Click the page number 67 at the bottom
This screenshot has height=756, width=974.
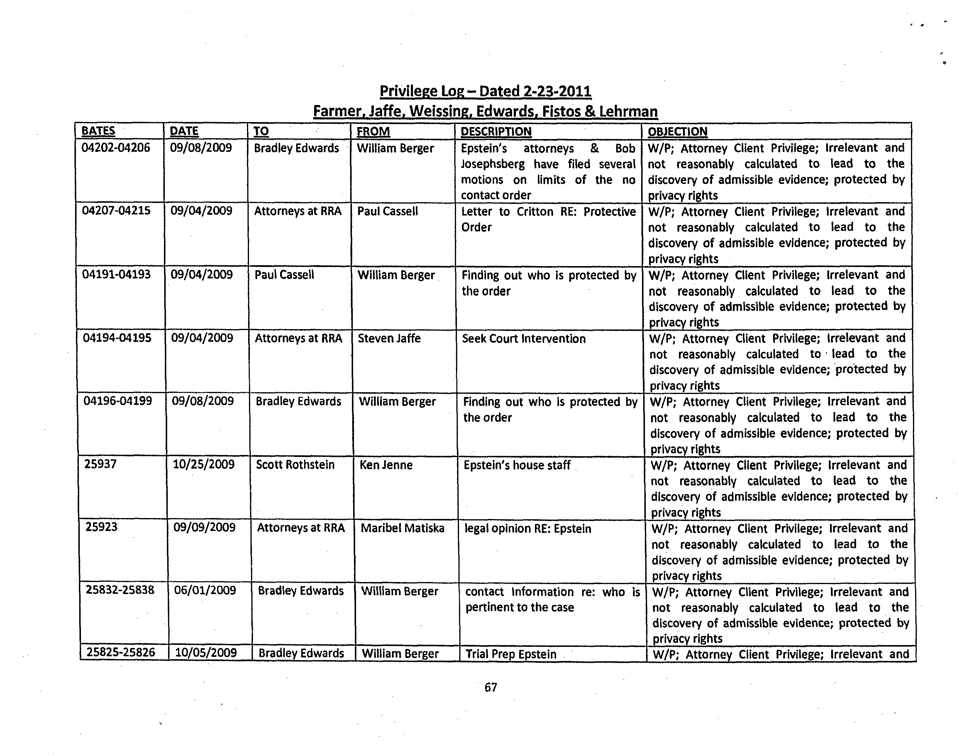[x=491, y=687]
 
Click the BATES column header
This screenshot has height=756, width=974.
[x=98, y=131]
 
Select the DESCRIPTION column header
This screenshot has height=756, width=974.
[x=496, y=132]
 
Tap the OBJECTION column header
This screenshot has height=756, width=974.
[x=677, y=132]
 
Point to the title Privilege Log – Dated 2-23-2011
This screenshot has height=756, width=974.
[x=485, y=92]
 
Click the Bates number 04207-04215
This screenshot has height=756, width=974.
[x=116, y=211]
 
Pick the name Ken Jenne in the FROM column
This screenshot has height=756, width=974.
[x=386, y=465]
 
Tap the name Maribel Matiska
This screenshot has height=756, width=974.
[x=402, y=529]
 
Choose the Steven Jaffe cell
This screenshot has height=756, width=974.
[x=389, y=339]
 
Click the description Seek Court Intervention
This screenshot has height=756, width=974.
[x=524, y=339]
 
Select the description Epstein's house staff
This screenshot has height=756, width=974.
[x=517, y=465]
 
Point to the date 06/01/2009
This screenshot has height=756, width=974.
[x=205, y=591]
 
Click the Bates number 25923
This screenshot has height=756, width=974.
[x=102, y=527]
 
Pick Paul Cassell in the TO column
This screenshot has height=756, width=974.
[x=284, y=275]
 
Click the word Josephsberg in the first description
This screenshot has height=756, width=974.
[x=493, y=164]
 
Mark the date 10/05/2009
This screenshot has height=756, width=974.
[x=206, y=653]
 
